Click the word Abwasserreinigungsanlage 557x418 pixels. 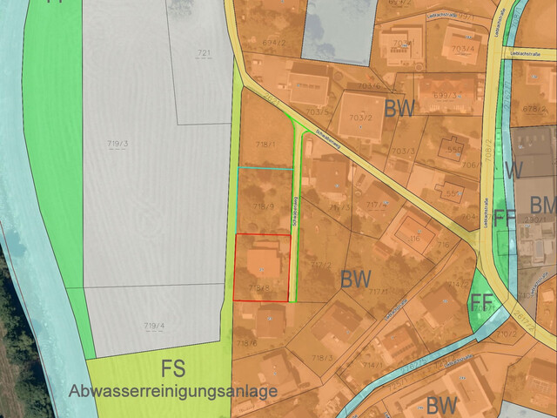tap(173, 391)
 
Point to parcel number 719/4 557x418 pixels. tap(153, 327)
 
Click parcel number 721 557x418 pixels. tap(205, 54)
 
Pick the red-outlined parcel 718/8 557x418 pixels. tap(261, 267)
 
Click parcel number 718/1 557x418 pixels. tap(265, 144)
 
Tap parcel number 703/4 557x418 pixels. tap(464, 49)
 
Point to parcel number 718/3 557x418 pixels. tap(323, 358)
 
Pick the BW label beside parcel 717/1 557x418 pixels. tap(356, 280)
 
